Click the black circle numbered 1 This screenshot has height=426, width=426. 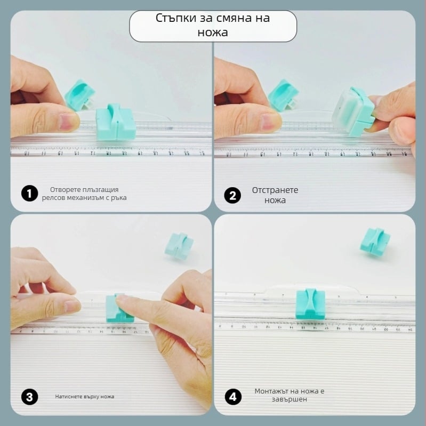(29, 194)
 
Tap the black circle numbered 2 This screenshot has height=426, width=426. (232, 195)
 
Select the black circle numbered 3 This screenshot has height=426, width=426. (29, 397)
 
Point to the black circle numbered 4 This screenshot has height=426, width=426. (233, 397)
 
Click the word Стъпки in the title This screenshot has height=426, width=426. (176, 18)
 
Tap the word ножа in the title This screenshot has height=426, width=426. (213, 33)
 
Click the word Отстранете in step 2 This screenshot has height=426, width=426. (275, 190)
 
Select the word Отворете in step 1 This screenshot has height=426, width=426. (65, 189)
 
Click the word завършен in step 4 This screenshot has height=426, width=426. (290, 399)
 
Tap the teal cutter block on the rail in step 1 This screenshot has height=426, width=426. (116, 122)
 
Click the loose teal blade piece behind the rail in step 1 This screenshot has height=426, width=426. (80, 95)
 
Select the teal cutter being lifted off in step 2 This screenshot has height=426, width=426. (353, 111)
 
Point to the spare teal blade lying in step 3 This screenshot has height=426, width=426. (179, 246)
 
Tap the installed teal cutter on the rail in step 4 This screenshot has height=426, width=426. (310, 304)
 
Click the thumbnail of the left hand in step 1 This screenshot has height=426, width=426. (68, 121)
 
